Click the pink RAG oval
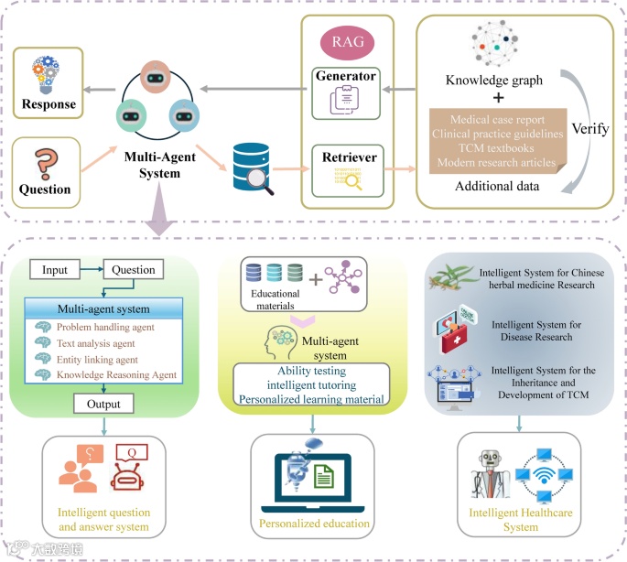click(347, 43)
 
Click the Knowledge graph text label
click(493, 81)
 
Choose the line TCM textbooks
click(495, 148)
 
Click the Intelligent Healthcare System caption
click(521, 520)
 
